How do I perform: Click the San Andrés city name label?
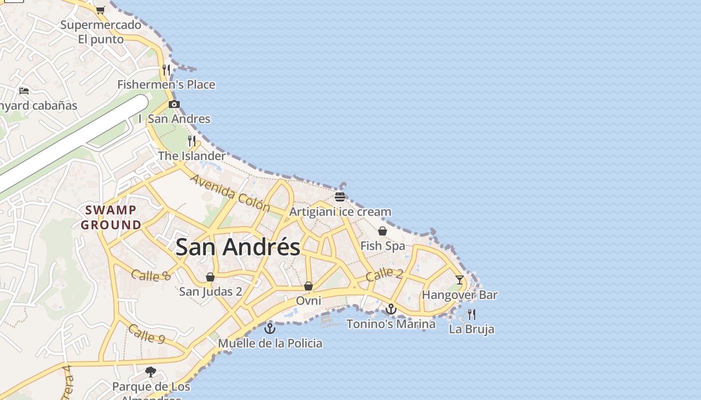point(238,247)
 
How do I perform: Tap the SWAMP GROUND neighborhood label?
point(111,217)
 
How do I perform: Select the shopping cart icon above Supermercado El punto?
point(100,10)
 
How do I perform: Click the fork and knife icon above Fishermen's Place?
point(166,69)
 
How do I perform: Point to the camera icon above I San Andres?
point(174,104)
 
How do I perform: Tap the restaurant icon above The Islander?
point(192,140)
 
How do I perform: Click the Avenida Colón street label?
point(230,193)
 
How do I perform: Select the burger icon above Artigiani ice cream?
point(340,196)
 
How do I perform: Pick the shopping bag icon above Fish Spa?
point(383,231)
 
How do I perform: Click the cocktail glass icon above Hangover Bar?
point(460,279)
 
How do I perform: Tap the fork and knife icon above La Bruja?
point(472,314)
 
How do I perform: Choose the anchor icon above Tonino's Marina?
point(391,309)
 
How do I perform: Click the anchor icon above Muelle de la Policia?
point(270,328)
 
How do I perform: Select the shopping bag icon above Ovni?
point(308,286)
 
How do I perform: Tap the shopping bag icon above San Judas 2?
point(210,277)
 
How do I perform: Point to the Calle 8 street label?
point(151,275)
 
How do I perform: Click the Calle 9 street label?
point(146,333)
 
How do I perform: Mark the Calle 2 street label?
point(384,274)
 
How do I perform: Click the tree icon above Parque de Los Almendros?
point(151,372)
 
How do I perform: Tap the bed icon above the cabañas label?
point(24,90)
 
